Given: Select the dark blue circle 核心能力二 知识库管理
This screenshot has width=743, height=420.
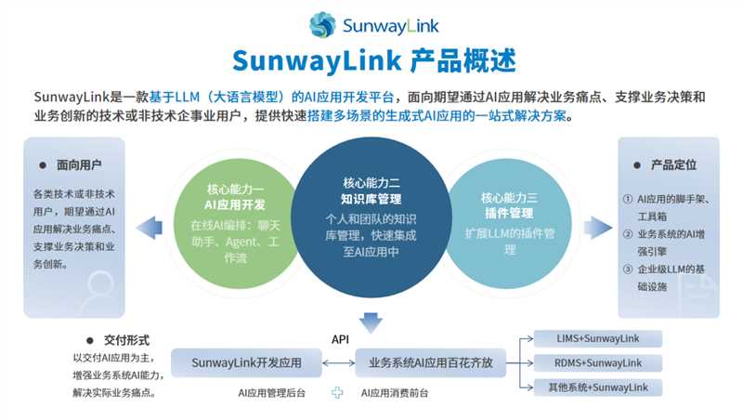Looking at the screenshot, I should (371, 223).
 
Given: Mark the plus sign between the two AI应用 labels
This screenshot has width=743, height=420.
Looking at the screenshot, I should (338, 393).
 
